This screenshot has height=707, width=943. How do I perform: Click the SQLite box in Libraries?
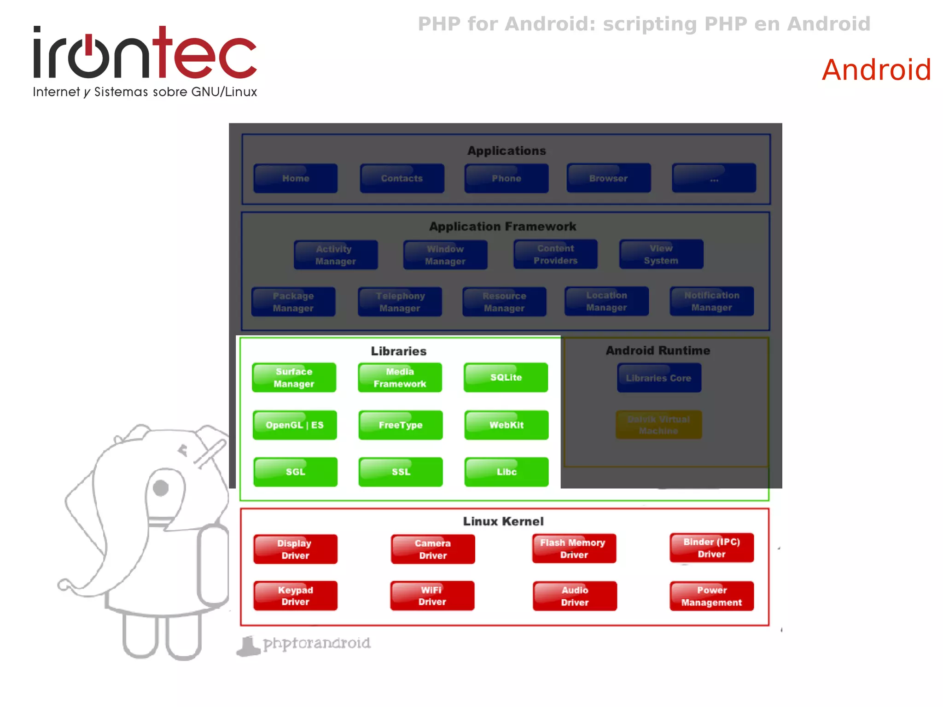(x=506, y=377)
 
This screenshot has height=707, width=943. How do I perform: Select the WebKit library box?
(x=506, y=425)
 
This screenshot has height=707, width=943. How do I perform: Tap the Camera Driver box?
(x=432, y=549)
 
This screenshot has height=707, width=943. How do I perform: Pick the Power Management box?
(x=711, y=596)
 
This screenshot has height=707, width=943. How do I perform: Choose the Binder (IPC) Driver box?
(x=711, y=548)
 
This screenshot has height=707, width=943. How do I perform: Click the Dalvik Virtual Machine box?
(x=658, y=425)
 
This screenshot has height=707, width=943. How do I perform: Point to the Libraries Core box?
(x=658, y=378)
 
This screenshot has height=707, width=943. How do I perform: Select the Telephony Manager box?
(x=400, y=302)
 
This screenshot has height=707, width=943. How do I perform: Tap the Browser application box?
(x=608, y=178)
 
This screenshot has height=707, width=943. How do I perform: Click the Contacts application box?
(x=402, y=178)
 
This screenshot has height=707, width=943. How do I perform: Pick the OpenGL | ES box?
(x=294, y=425)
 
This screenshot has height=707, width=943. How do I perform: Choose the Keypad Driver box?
(x=295, y=596)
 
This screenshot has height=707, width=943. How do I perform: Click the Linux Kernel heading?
(x=503, y=521)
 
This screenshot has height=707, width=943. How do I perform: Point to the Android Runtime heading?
(x=658, y=351)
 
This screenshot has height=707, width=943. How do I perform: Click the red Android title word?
(x=876, y=70)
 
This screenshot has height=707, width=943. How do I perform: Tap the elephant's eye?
(x=161, y=488)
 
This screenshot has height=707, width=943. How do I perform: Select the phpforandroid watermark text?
(x=316, y=643)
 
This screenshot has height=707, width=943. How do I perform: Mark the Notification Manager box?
(x=711, y=301)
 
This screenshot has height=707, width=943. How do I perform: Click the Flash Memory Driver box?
(x=574, y=549)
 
